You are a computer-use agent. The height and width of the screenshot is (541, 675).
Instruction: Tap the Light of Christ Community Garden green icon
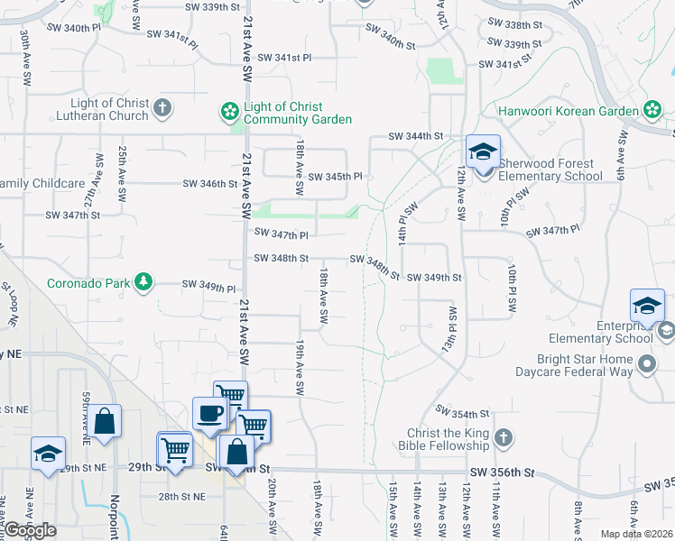tap(230, 112)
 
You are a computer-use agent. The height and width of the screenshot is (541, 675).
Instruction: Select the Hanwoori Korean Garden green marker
tap(652, 110)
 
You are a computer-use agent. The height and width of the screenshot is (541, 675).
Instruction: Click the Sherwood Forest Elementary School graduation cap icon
tap(483, 151)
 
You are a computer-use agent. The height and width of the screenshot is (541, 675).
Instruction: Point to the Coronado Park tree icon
tap(143, 282)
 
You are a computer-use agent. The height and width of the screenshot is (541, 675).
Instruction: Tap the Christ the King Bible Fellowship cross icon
tap(504, 438)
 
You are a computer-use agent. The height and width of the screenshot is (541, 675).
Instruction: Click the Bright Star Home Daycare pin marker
tap(646, 364)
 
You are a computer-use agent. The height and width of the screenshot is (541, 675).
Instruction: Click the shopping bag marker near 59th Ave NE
tap(105, 422)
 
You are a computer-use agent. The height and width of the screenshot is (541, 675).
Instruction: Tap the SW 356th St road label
tap(503, 472)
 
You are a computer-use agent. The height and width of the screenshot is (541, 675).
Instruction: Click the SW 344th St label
tap(416, 136)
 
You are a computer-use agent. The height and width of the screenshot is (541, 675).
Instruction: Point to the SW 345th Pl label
tap(335, 177)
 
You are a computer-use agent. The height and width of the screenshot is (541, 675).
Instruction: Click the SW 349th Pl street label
tap(208, 286)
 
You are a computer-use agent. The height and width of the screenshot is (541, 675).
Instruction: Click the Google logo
tap(30, 530)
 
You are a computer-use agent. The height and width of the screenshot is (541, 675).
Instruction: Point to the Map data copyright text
tap(636, 534)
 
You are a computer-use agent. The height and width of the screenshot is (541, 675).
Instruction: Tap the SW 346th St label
tap(209, 184)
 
